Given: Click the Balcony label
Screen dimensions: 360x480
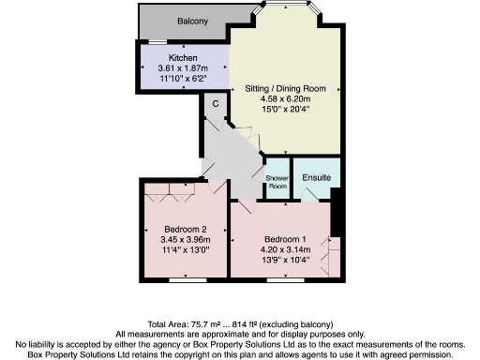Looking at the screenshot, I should click(x=192, y=22).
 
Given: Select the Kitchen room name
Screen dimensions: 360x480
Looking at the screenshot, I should click(x=183, y=59).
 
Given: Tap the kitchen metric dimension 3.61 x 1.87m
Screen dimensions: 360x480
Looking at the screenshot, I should click(x=183, y=69).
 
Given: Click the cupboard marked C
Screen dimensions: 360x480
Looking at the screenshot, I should click(x=216, y=103).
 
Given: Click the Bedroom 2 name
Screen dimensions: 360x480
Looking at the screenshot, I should click(x=185, y=230).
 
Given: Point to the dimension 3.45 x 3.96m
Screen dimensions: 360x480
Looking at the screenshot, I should click(x=185, y=240).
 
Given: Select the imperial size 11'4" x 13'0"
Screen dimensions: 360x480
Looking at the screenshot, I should click(x=185, y=250).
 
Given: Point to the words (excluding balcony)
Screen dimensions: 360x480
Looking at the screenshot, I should click(x=300, y=324).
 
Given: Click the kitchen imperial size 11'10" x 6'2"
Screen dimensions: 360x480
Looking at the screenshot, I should click(x=183, y=80).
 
